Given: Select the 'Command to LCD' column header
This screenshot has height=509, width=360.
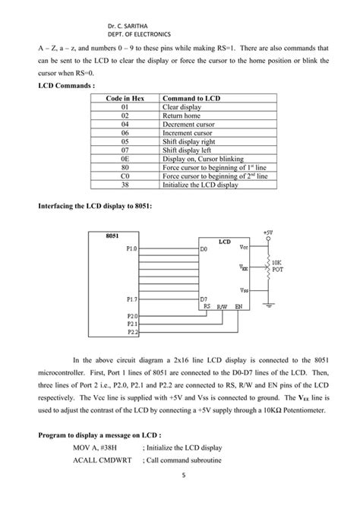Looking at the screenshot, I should pyautogui.click(x=191, y=100).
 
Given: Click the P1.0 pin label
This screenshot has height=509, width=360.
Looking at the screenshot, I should pyautogui.click(x=133, y=248).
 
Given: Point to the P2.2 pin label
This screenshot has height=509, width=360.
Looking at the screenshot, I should pyautogui.click(x=133, y=331).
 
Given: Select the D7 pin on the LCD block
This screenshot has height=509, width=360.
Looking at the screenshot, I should pyautogui.click(x=204, y=299).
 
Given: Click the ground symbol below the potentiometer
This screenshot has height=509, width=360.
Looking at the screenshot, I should pyautogui.click(x=269, y=305).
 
